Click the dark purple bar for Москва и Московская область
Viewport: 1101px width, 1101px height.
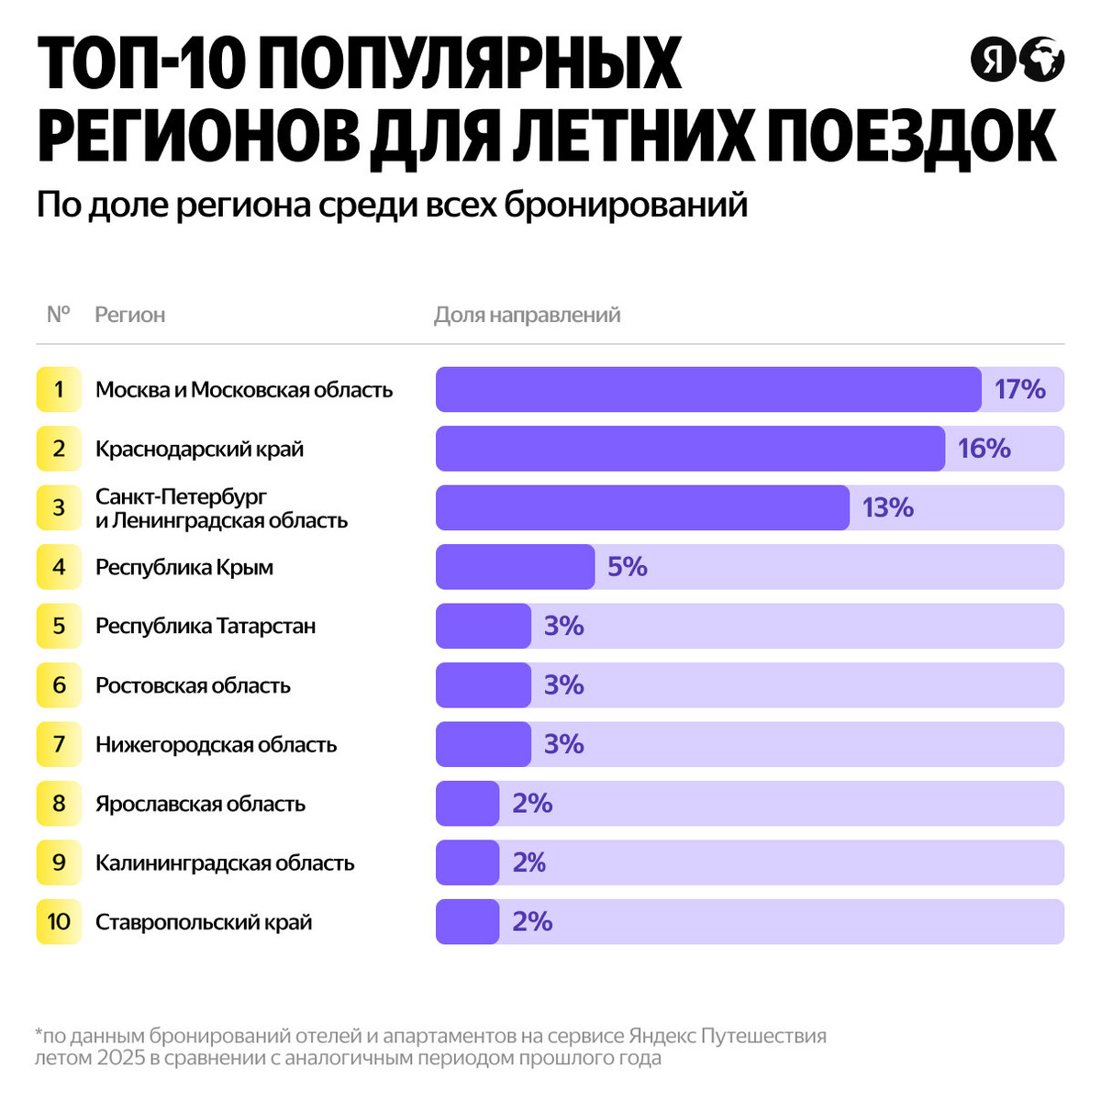(708, 389)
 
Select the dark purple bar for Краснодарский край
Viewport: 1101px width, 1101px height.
(690, 449)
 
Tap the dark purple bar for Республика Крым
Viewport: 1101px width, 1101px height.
(515, 567)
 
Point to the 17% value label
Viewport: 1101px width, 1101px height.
(1019, 389)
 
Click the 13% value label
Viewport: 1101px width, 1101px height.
(887, 507)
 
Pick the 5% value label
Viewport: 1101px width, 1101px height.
(627, 567)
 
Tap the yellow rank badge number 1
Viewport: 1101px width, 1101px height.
(59, 389)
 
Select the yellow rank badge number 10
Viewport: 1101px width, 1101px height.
(59, 921)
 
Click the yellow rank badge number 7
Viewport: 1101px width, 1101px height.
(59, 744)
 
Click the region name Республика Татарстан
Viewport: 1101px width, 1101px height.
(206, 626)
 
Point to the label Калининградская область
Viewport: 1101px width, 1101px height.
(225, 862)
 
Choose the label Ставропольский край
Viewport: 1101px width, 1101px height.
(204, 921)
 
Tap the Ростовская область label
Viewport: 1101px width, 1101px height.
(193, 685)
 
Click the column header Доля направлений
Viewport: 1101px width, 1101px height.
(527, 315)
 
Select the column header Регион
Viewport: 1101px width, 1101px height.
(130, 315)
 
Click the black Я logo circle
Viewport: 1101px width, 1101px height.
(993, 61)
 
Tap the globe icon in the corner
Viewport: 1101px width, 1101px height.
(1041, 61)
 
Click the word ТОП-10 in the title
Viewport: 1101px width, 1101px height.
(143, 64)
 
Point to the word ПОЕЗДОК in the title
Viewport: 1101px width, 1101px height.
(910, 138)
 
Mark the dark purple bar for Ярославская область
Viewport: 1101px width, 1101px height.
(467, 804)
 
